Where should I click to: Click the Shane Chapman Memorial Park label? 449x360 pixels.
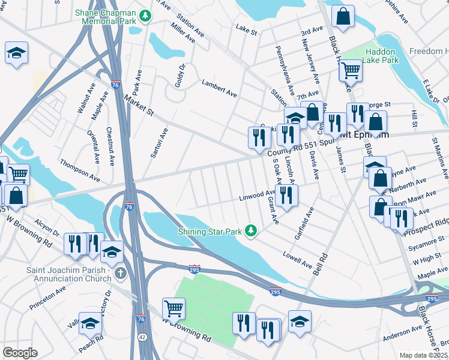[x=105, y=16]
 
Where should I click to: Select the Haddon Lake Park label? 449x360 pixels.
[x=382, y=56]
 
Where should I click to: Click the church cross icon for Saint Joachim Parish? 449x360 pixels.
[x=120, y=274]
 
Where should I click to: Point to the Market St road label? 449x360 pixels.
[x=139, y=104]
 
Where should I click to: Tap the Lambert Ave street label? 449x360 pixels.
[x=219, y=89]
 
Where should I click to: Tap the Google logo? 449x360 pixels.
[x=20, y=353]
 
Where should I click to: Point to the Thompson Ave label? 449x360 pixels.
[x=79, y=170]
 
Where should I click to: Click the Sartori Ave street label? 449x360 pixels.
[x=157, y=144]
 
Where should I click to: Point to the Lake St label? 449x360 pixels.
[x=246, y=28]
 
